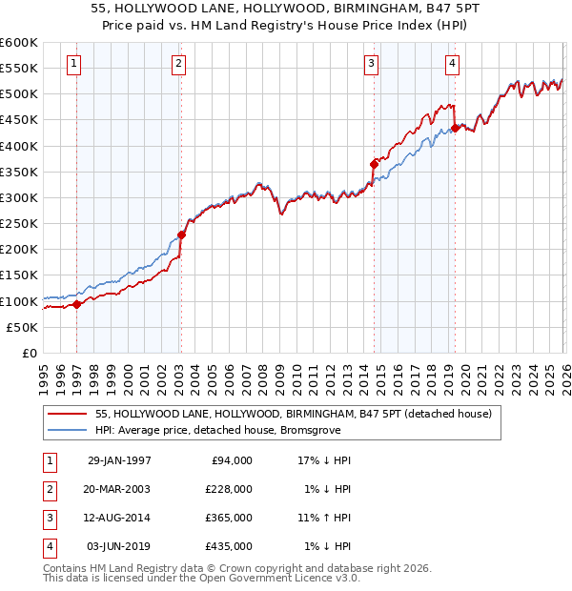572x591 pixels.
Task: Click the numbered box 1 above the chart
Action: [73, 64]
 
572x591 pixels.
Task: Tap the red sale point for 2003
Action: [180, 234]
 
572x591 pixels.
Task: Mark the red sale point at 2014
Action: [374, 164]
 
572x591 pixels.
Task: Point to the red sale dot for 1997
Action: [77, 304]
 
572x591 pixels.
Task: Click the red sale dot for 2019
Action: [456, 128]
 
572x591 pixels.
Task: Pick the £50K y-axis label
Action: [23, 327]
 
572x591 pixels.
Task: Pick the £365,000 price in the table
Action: [229, 518]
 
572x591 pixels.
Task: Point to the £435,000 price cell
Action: [229, 547]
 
